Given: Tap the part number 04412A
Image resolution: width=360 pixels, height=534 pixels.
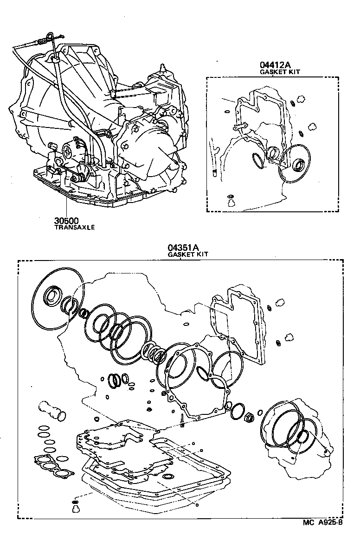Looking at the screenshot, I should click(x=273, y=65).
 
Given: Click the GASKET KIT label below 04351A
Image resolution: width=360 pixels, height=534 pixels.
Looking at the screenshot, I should click(x=187, y=254).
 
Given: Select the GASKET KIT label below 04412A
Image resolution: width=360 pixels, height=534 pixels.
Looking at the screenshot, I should click(x=280, y=72).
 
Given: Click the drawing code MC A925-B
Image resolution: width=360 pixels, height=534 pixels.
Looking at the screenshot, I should click(x=323, y=523).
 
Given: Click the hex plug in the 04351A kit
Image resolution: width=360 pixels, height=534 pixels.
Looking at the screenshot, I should click(x=249, y=417).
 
